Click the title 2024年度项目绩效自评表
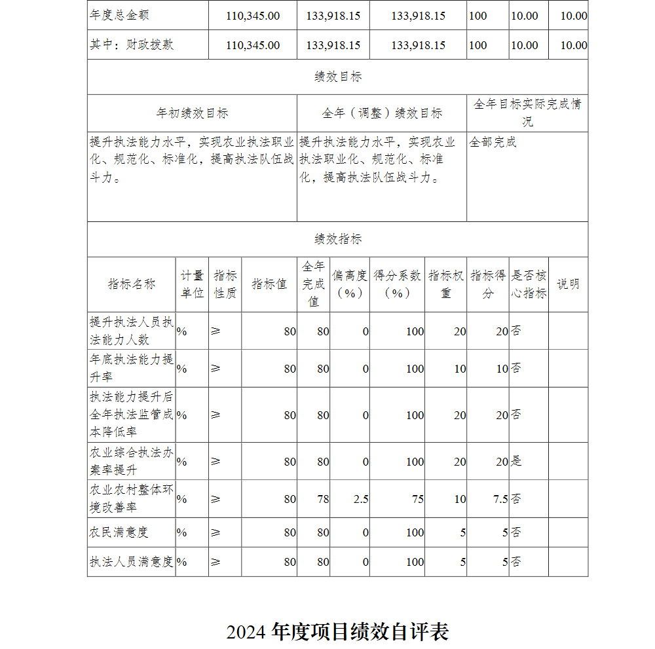pos(337,632)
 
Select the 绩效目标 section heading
pos(338,77)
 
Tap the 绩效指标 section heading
pos(338,239)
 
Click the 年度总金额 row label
pos(124,15)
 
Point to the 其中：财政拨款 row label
pos(132,45)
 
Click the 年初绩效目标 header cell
pos(192,113)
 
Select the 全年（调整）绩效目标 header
pos(382,113)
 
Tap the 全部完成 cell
pos(493,141)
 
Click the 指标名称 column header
pos(132,284)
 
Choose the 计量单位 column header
pos(192,284)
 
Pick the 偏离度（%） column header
pos(350,284)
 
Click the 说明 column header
pos(568,284)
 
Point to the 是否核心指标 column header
pos(529,284)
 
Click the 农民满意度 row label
pos(119,532)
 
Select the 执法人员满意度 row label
pos(132,562)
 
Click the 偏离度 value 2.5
pos(361,499)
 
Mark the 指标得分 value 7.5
pos(500,499)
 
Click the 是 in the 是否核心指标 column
pos(516,462)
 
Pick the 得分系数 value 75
pos(417,499)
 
